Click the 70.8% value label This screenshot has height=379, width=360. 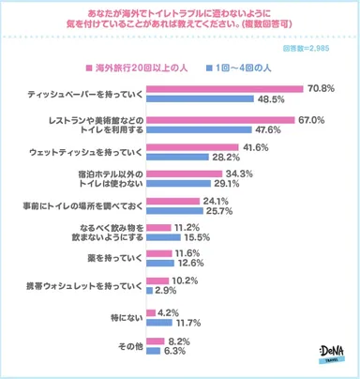(319, 87)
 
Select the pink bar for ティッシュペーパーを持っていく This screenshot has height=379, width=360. (224, 87)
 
